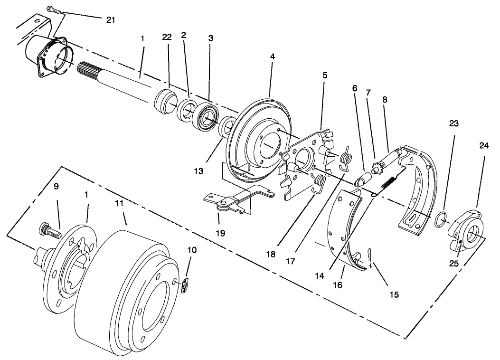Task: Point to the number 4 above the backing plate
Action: [272, 56]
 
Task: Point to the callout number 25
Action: [454, 263]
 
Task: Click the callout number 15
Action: [394, 294]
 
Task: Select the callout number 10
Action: [191, 250]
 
